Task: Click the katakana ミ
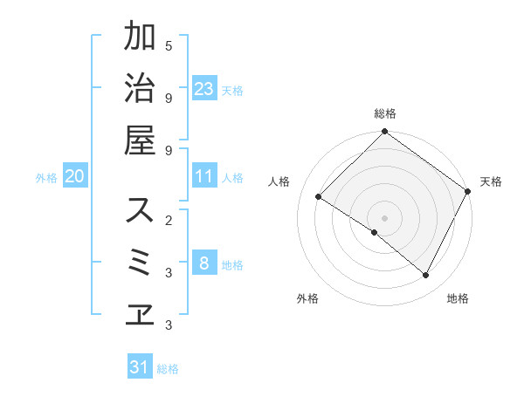pos(140,262)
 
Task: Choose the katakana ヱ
pos(140,313)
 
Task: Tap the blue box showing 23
pos(204,89)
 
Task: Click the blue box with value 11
pos(204,177)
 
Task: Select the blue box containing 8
pos(204,263)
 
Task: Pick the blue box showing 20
pos(74,177)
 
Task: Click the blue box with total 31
pos(140,367)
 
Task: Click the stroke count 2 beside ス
pos(169,220)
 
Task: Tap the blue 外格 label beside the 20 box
pos(46,178)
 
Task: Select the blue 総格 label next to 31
pos(168,369)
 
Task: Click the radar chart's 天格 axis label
pos(491,181)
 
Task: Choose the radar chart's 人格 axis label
pos(279,181)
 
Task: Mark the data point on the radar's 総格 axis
pos(384,133)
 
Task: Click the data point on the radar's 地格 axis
pos(426,276)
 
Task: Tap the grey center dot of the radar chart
pos(384,217)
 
